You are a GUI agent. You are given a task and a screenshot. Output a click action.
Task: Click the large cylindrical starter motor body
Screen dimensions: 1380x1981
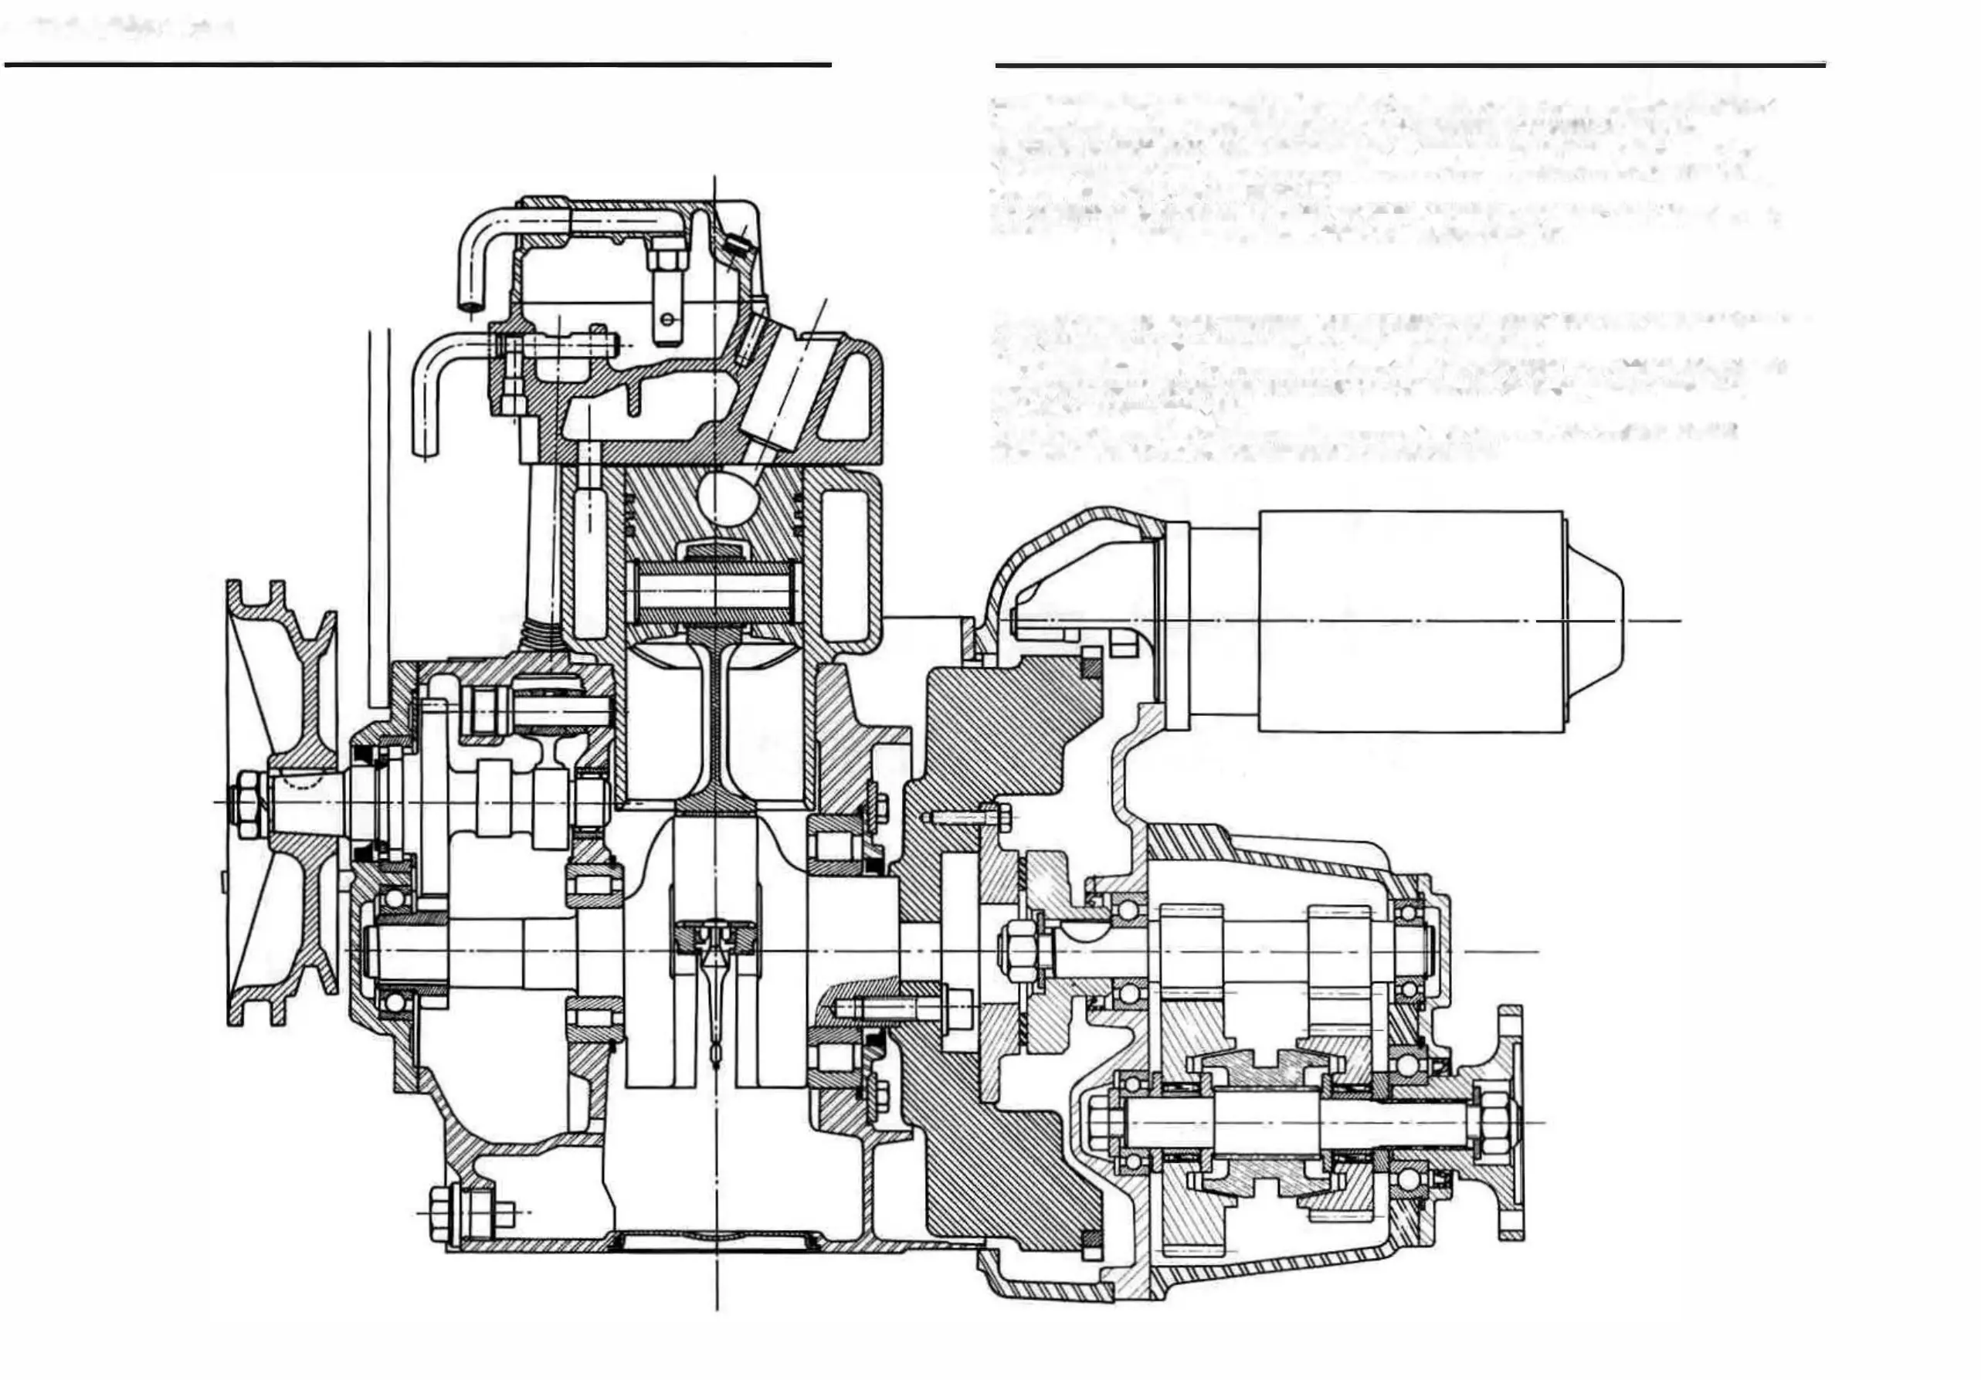tap(1411, 621)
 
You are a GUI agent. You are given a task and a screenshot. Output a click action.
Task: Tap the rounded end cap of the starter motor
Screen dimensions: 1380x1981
tap(1596, 621)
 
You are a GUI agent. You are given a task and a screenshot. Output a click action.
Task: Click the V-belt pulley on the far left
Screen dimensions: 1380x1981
tap(280, 802)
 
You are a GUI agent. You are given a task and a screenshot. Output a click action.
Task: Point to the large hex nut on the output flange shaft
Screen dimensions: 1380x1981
tap(1491, 1122)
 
